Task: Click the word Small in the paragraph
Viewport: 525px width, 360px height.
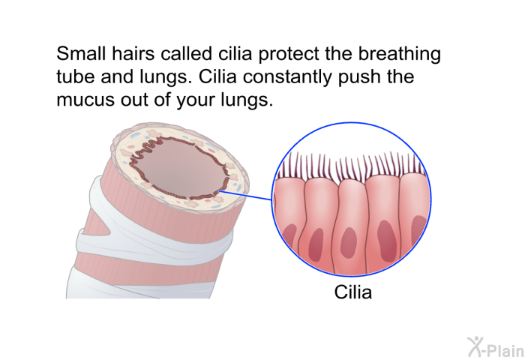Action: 81,53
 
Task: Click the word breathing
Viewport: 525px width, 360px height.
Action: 399,54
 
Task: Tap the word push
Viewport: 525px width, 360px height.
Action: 359,78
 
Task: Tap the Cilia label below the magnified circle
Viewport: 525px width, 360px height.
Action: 353,292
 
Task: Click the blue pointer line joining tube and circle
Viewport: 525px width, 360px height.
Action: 245,195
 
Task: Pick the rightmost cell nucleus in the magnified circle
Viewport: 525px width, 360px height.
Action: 418,231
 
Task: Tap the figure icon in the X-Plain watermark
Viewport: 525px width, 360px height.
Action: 475,347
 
